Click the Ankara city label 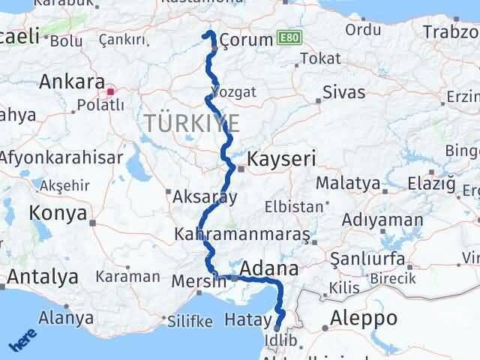tap(71, 81)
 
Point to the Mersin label tap(199, 282)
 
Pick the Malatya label tap(348, 183)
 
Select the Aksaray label tap(205, 197)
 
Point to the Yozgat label tap(229, 91)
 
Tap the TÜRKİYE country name tap(193, 123)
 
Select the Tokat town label tap(313, 58)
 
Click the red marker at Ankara tap(111, 92)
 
